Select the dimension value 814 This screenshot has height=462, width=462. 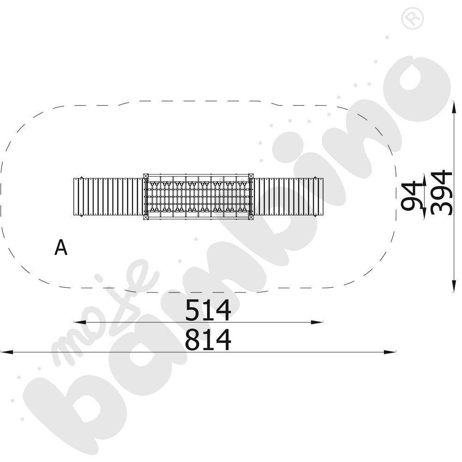[208, 340]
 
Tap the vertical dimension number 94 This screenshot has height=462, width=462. [412, 195]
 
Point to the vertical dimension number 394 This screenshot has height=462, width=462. [441, 193]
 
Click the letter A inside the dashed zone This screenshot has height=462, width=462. [61, 247]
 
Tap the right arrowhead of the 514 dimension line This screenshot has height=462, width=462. [317, 322]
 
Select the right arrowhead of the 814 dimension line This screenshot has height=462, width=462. [389, 352]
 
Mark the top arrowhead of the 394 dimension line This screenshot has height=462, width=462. [454, 107]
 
